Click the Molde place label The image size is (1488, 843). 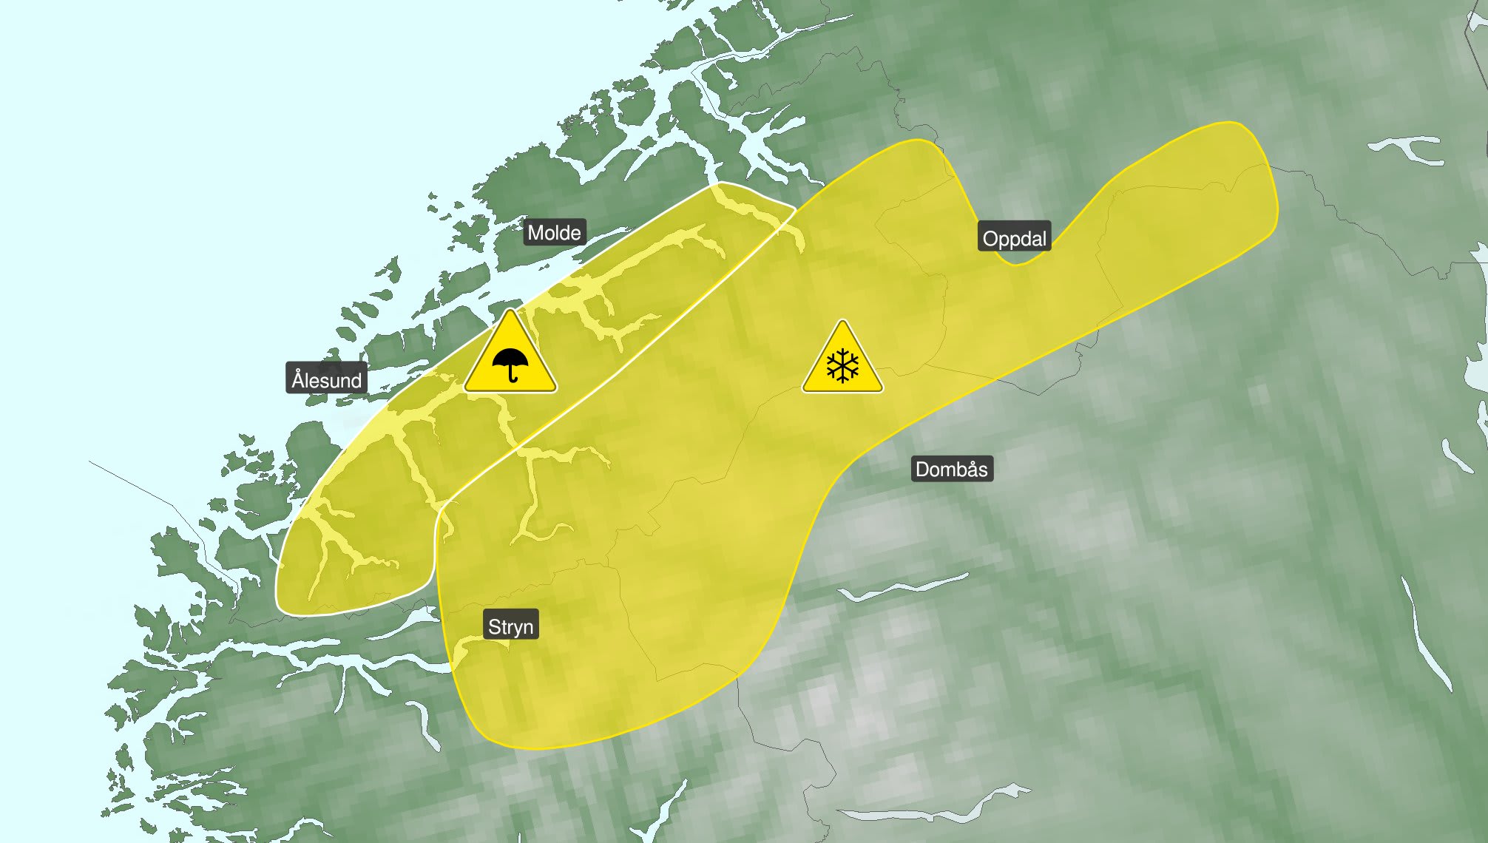(554, 233)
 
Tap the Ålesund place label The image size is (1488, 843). (326, 380)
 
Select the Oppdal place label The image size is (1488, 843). (1014, 239)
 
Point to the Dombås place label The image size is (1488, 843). (951, 469)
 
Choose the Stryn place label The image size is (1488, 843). (510, 626)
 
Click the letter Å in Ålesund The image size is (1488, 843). (298, 379)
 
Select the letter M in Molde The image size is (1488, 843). (535, 233)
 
